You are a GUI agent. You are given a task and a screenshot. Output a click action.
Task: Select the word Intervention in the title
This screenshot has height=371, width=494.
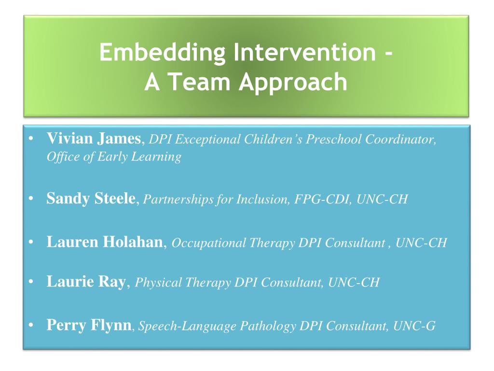pos(305,52)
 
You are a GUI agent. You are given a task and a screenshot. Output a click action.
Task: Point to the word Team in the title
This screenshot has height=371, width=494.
pos(199,81)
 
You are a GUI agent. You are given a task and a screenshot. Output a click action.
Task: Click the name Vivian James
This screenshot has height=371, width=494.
pos(94,139)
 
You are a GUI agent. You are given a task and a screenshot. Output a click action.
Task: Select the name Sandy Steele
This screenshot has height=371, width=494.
pos(91,199)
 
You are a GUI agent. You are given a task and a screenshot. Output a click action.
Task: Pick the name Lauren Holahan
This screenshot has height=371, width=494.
pos(105,242)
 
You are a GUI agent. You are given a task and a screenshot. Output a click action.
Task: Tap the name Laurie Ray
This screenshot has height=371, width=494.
pos(86,282)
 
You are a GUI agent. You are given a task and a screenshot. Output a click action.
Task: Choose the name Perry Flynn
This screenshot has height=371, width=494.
pos(89,325)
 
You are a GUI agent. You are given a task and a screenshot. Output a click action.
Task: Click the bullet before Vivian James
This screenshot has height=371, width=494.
pos(31,139)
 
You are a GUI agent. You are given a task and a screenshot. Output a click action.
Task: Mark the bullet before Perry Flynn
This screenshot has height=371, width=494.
pos(31,325)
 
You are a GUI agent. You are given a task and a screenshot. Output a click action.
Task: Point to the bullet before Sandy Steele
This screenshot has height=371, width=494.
pos(31,199)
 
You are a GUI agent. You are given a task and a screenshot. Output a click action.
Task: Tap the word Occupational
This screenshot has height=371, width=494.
pos(208,243)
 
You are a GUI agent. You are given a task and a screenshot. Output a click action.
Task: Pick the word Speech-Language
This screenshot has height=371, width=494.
pos(188,326)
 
